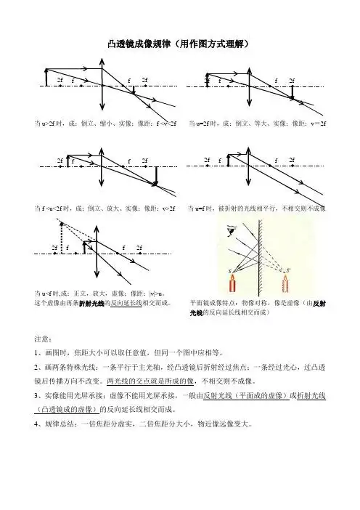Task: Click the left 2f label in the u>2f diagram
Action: pyautogui.click(x=59, y=80)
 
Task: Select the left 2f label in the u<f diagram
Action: pyautogui.click(x=54, y=247)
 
